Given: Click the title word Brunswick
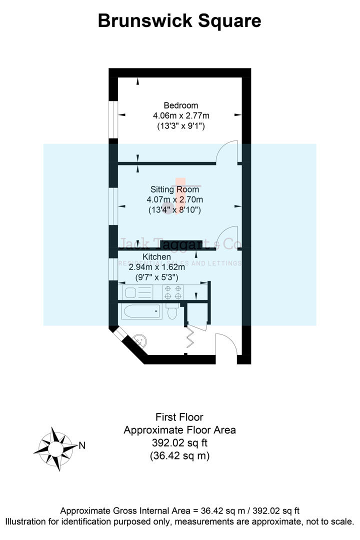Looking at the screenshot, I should click(x=142, y=21).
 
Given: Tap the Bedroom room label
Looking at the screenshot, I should click(x=180, y=105).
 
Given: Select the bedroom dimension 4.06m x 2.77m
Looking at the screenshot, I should click(x=180, y=116).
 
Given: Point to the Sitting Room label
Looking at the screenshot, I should click(x=174, y=189).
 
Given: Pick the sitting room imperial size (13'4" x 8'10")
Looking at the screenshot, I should click(x=174, y=210).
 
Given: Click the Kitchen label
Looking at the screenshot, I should click(x=156, y=257).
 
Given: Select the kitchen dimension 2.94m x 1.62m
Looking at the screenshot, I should click(x=156, y=267).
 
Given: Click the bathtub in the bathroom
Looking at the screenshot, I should click(x=140, y=312).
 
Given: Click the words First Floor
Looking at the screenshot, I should click(x=179, y=417).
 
